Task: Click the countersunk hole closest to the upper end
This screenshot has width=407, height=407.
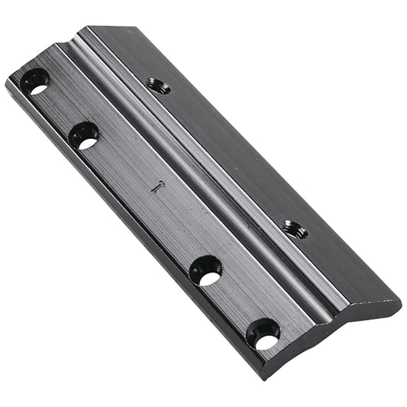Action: click(35, 81)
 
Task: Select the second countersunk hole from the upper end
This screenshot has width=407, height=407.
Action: click(84, 136)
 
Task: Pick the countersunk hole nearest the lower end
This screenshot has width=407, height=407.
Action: click(263, 334)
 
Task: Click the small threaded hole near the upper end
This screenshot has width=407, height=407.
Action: click(159, 86)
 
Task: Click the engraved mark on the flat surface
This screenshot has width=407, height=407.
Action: click(157, 186)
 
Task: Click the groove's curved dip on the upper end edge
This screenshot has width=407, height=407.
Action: click(67, 44)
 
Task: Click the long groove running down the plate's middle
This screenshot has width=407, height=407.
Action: click(199, 183)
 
